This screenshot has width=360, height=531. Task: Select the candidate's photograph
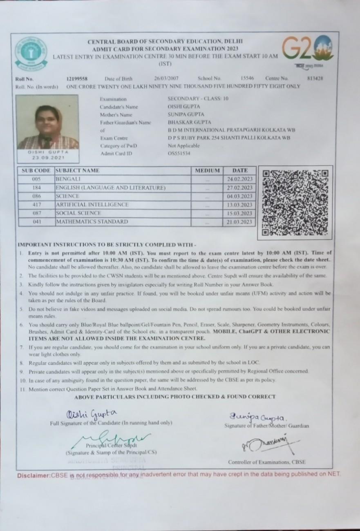click(x=48, y=122)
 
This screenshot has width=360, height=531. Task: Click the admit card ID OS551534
click(x=179, y=154)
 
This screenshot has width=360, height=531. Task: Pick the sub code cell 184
click(x=36, y=188)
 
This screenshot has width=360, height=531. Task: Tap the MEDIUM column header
click(x=208, y=171)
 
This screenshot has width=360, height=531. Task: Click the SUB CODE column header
click(x=36, y=171)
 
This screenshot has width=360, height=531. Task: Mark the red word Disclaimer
click(x=34, y=475)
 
